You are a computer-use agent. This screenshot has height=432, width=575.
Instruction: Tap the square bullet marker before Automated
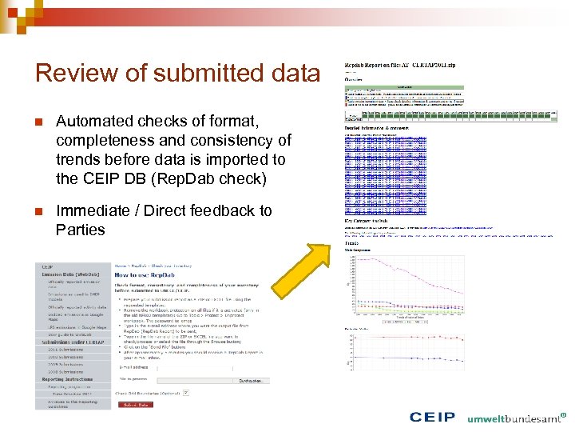pos(38,122)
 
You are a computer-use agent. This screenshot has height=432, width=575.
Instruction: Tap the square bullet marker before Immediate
pos(38,211)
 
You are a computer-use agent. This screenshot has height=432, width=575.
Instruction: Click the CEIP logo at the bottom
pos(432,418)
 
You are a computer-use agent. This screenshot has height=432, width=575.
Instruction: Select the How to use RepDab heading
pos(144,274)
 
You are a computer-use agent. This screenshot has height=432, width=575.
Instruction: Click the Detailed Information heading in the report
pos(376,127)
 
